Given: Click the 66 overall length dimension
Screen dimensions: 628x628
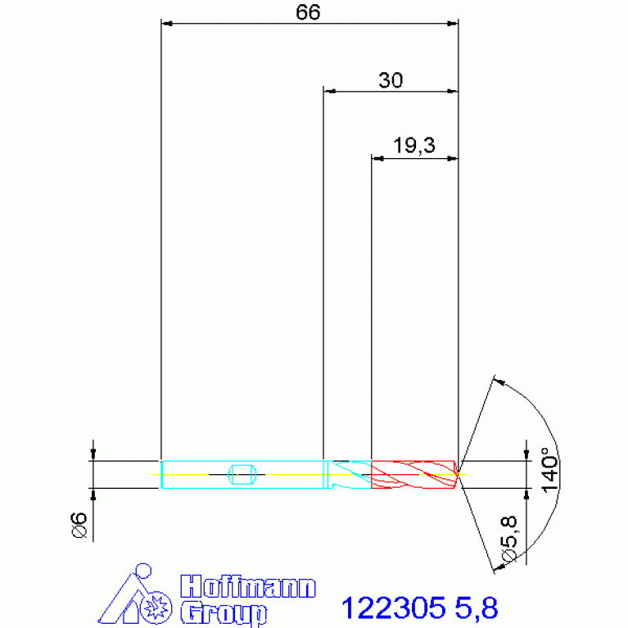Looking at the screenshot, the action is pyautogui.click(x=308, y=12).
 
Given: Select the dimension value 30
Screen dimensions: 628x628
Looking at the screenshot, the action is pyautogui.click(x=391, y=80).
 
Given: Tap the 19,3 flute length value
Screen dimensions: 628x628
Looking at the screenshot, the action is pyautogui.click(x=413, y=145).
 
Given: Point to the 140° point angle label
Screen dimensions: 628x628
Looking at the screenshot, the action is pyautogui.click(x=550, y=469).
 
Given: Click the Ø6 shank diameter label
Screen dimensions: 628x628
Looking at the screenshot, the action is pyautogui.click(x=79, y=525).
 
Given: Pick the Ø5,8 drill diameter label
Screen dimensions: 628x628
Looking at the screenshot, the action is pyautogui.click(x=508, y=539).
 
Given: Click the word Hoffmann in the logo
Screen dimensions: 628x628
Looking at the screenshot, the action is pyautogui.click(x=248, y=587).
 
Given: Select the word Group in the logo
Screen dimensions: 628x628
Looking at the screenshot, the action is pyautogui.click(x=224, y=612).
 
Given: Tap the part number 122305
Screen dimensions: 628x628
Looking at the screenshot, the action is pyautogui.click(x=393, y=608).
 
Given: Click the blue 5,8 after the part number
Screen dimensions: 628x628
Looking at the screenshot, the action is pyautogui.click(x=477, y=608).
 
